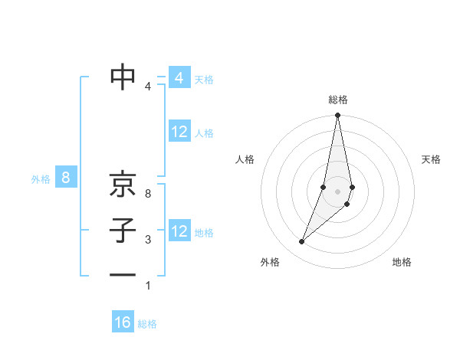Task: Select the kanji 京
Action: coord(123,184)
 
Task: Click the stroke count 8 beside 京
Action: coord(148,194)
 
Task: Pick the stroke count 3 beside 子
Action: coord(148,240)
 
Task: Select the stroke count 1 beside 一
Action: coord(148,286)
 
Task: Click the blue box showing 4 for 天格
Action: coord(179,78)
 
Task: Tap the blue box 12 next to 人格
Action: coord(179,132)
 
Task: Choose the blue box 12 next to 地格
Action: coord(179,231)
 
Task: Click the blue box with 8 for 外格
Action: coord(66,178)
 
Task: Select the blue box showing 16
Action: coord(123,322)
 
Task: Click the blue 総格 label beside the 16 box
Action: coord(147,324)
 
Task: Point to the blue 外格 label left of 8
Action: coord(41,179)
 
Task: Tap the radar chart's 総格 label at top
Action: coord(338,100)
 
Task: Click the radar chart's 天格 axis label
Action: coord(432,159)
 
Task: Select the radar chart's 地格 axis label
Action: coord(402,262)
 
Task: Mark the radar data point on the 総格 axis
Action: coord(337,116)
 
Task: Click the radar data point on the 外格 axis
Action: coord(301,242)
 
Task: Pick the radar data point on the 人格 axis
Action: coord(324,188)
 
